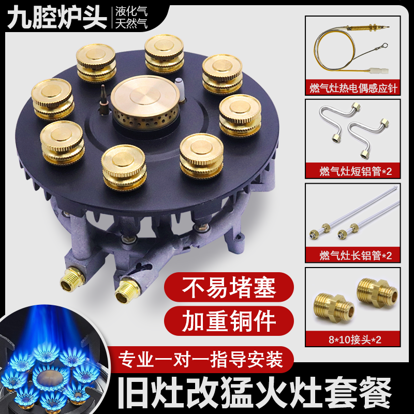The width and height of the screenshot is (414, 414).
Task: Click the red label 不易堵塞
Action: tap(229, 287)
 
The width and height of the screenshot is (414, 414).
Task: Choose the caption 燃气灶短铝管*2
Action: tap(352, 169)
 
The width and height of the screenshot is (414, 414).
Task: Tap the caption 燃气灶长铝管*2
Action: tap(352, 254)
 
